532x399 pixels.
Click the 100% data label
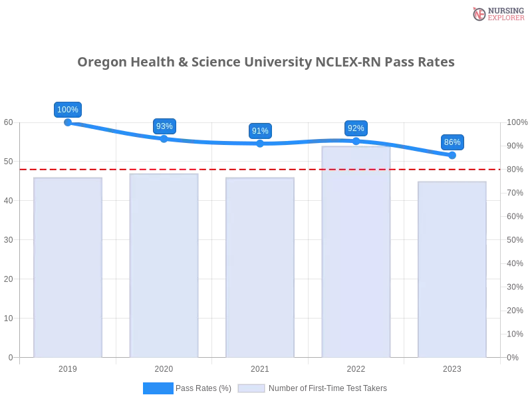click(68, 110)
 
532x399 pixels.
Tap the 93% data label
click(164, 126)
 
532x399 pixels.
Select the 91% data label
click(260, 131)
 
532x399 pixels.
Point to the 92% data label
click(356, 128)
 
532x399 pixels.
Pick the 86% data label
click(452, 142)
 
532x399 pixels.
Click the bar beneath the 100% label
click(69, 266)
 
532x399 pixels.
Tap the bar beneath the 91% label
click(261, 266)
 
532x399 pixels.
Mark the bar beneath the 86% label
click(452, 269)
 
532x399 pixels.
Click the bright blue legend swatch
click(158, 388)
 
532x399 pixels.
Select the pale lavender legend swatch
click(251, 388)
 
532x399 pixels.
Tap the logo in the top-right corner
click(497, 13)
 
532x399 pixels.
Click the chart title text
click(266, 63)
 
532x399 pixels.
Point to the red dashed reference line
click(259, 169)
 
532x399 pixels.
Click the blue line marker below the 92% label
click(356, 141)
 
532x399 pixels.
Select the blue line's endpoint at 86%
click(452, 155)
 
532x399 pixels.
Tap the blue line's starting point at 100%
click(68, 122)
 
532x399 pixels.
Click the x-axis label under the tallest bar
click(356, 367)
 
